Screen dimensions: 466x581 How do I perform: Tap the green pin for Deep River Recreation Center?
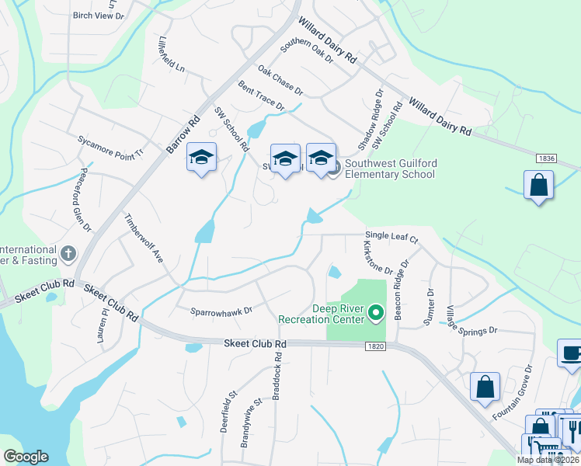click(377, 313)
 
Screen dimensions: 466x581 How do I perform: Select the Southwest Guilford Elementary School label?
click(390, 169)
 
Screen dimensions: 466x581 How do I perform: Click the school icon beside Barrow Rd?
click(201, 158)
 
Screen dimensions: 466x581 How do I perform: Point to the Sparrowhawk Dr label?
click(222, 311)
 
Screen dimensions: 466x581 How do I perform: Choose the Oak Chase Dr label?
click(280, 80)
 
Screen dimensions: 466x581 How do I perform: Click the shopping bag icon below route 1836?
click(538, 186)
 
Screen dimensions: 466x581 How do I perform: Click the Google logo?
click(26, 457)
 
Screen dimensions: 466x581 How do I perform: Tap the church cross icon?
click(68, 252)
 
